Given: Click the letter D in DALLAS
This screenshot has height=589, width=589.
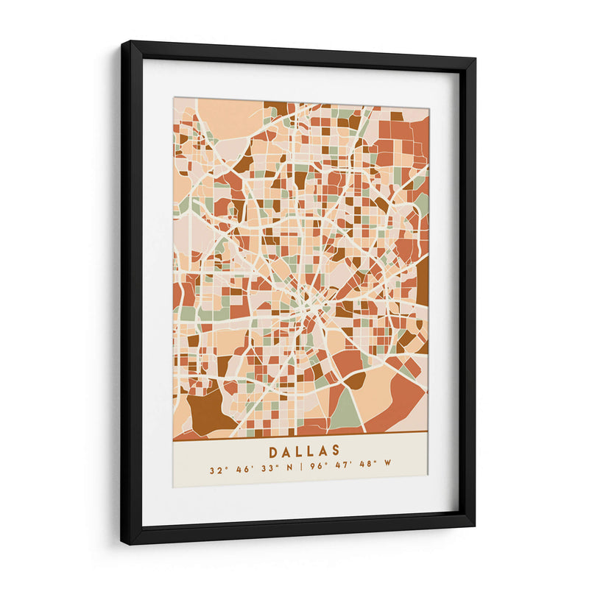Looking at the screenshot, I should (x=274, y=451).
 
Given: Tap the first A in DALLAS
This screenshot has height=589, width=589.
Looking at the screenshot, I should (x=288, y=451).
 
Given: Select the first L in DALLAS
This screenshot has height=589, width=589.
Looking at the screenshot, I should (x=301, y=451).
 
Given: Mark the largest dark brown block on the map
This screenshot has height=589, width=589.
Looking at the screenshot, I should (x=207, y=410).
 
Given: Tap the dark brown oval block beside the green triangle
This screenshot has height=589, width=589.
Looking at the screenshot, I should (x=356, y=381).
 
